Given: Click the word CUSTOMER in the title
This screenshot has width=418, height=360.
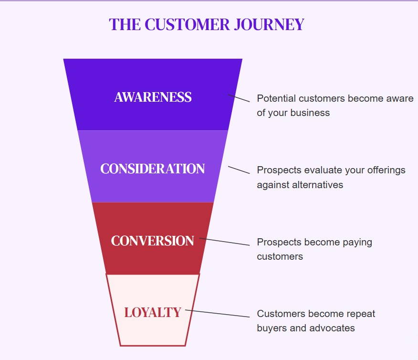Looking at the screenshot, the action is (x=187, y=24).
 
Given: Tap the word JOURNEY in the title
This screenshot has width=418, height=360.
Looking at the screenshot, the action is (x=269, y=24).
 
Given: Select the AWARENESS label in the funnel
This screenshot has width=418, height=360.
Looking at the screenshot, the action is (x=153, y=97).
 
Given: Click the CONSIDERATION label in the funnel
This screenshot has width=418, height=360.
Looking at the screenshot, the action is (x=153, y=169).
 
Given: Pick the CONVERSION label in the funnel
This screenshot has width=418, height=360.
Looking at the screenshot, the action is (x=153, y=241).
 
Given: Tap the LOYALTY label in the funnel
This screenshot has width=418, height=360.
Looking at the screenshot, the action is (x=153, y=313).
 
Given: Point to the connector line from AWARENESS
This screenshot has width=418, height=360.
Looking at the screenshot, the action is (x=239, y=98).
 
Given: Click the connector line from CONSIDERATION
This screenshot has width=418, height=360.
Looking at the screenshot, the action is (x=239, y=170).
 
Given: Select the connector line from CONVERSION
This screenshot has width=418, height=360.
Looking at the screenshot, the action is (x=224, y=242).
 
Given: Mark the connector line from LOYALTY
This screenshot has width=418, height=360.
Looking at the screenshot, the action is (x=218, y=313).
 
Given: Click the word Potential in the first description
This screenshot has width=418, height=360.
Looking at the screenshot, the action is (x=276, y=98).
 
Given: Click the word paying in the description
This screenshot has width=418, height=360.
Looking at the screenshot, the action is (x=357, y=243).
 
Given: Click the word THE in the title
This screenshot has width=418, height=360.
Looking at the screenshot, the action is (x=125, y=24).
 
